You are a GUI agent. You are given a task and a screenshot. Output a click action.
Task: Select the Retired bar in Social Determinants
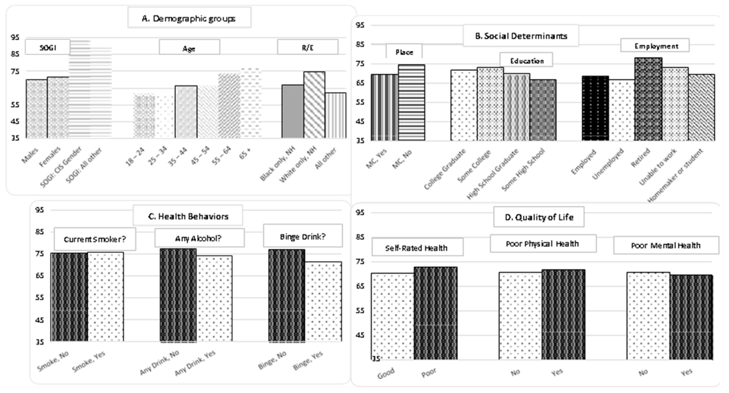tap(648, 99)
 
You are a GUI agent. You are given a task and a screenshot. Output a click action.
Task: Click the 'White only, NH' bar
tap(314, 105)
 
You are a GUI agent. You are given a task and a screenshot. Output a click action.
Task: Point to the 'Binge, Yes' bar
tap(323, 301)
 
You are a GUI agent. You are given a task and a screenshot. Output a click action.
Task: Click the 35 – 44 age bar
tap(186, 112)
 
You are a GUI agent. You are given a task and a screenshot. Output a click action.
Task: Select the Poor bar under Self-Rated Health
tap(435, 313)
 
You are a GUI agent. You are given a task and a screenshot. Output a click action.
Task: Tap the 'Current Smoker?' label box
tap(95, 239)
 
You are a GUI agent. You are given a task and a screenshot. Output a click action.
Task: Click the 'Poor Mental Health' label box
tap(666, 245)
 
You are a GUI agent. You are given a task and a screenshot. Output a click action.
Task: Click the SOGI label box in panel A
tap(48, 47)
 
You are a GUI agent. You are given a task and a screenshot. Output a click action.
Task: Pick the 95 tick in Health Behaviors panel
tap(40, 210)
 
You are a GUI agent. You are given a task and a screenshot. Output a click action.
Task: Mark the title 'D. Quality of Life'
tap(539, 217)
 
